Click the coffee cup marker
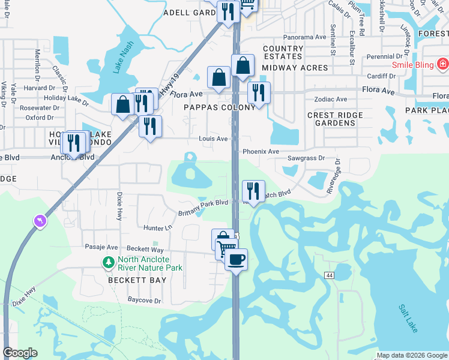(x=236, y=260)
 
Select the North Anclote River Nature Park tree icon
(x=108, y=262)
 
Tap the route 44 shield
(x=330, y=275)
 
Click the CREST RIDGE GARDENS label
(x=335, y=119)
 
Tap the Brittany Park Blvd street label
(x=203, y=208)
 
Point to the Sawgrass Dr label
(x=306, y=158)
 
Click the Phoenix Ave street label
(x=261, y=152)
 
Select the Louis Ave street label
(x=213, y=139)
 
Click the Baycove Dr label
(x=145, y=300)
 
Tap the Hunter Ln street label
(x=158, y=227)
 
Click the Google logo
(x=20, y=353)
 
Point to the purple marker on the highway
(x=40, y=222)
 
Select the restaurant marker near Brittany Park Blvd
(x=253, y=191)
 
